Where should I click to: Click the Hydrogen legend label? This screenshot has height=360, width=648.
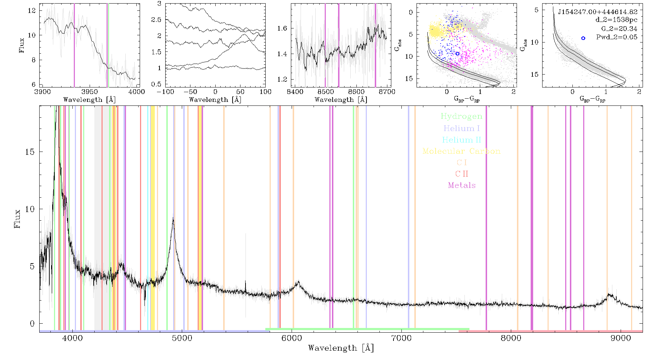[x=461, y=117]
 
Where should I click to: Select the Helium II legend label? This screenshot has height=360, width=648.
[x=461, y=140]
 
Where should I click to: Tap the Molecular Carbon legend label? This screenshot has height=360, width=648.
[x=462, y=151]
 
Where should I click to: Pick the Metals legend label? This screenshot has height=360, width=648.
[x=462, y=185]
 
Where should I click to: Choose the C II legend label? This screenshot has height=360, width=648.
[x=462, y=174]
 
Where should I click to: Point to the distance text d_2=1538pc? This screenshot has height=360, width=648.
[x=616, y=20]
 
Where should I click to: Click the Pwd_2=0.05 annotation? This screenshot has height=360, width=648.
[x=617, y=37]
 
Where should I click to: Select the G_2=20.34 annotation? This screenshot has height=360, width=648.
[x=619, y=29]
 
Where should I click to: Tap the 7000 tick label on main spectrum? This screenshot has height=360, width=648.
[x=401, y=338]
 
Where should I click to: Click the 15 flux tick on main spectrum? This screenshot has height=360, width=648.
[x=30, y=152]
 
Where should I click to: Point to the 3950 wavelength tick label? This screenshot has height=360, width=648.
[x=90, y=92]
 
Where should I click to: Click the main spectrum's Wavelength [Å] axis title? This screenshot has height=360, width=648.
[x=341, y=348]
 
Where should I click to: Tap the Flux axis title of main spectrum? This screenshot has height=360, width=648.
[x=17, y=219]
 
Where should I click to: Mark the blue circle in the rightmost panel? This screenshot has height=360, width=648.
[x=583, y=38]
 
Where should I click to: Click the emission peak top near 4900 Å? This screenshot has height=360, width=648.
[x=174, y=218]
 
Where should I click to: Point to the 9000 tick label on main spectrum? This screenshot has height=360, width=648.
[x=621, y=338]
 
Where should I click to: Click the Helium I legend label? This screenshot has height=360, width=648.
[x=462, y=128]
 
